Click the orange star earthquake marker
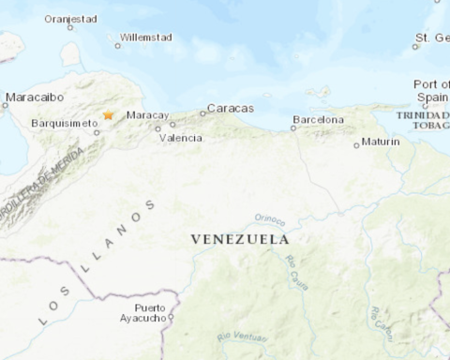pyautogui.click(x=109, y=115)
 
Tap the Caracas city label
pyautogui.click(x=230, y=108)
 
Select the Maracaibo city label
pyautogui.click(x=34, y=97)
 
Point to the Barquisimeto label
pyautogui.click(x=64, y=122)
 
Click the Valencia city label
pyautogui.click(x=181, y=138)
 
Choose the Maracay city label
pyautogui.click(x=146, y=115)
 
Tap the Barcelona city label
pyautogui.click(x=318, y=119)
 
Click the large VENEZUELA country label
pyautogui.click(x=240, y=239)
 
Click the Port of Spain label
pyautogui.click(x=431, y=91)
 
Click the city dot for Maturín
pyautogui.click(x=356, y=145)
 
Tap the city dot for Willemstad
pyautogui.click(x=118, y=45)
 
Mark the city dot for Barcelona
pyautogui.click(x=293, y=127)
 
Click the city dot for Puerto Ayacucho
pyautogui.click(x=171, y=317)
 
